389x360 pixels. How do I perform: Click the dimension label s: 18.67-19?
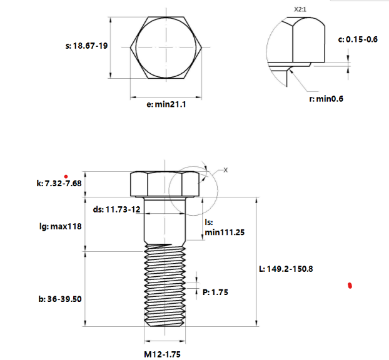[x=86, y=46]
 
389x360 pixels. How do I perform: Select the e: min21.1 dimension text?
[x=166, y=105]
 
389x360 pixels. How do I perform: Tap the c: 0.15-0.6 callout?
[x=358, y=39]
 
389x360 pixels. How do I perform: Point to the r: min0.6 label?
[x=326, y=99]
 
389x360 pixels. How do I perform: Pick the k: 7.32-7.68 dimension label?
[x=59, y=184]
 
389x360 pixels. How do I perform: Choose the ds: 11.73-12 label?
[x=116, y=210]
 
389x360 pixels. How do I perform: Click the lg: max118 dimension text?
[x=61, y=227]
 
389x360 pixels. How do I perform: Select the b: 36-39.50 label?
[x=61, y=299]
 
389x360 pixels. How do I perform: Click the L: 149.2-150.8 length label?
[x=286, y=269]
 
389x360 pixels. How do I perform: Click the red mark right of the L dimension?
[x=350, y=286]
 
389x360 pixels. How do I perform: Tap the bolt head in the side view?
[x=165, y=184]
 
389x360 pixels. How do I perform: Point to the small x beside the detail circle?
[x=226, y=169]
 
